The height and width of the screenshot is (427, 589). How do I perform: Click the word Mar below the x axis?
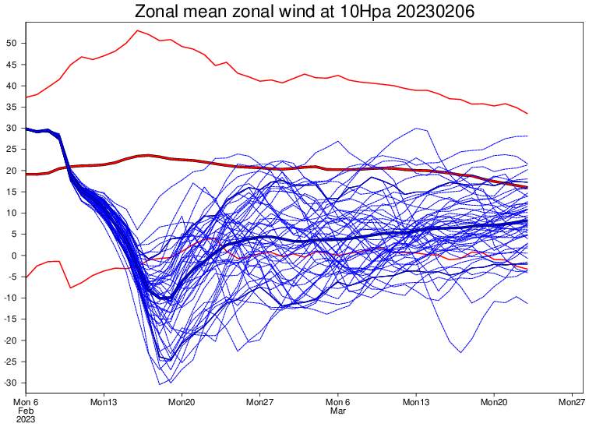point(337,411)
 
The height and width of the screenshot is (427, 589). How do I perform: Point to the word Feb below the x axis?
point(26,411)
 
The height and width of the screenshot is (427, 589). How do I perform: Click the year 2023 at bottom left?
point(26,419)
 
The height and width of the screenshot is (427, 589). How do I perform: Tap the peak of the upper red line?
point(137,30)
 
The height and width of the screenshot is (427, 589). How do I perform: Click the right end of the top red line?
point(527,114)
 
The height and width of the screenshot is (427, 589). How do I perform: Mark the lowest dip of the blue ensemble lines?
point(160,384)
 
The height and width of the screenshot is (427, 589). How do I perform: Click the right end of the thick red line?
point(527,188)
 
